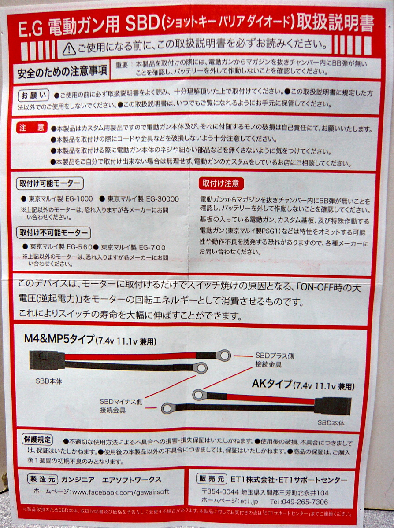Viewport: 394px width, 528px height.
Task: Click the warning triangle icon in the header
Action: click(x=69, y=49)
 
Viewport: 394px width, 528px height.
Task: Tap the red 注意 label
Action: click(x=32, y=128)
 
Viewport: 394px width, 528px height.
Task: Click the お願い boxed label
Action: click(x=33, y=95)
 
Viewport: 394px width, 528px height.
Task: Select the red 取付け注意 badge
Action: click(x=221, y=183)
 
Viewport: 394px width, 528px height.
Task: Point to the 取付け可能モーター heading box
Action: click(x=50, y=183)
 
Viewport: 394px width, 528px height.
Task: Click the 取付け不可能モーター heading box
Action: click(x=53, y=233)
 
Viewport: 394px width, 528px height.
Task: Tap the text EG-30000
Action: click(x=162, y=199)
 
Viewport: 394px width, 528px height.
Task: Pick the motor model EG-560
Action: click(x=79, y=247)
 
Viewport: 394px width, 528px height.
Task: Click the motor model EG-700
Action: click(x=152, y=248)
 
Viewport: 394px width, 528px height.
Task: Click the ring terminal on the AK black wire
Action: click(x=169, y=408)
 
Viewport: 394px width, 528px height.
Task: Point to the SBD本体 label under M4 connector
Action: click(x=49, y=381)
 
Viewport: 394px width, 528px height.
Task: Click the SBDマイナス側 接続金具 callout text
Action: click(x=121, y=406)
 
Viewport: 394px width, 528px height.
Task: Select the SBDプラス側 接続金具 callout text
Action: click(x=275, y=359)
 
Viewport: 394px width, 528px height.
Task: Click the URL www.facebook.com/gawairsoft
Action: click(x=121, y=491)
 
